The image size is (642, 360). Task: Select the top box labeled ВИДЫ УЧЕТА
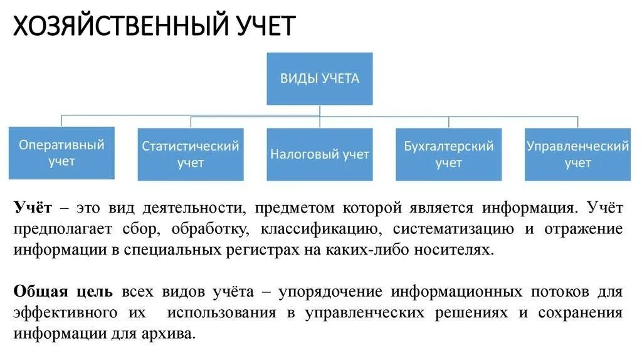(x=320, y=78)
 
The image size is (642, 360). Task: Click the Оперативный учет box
(x=61, y=153)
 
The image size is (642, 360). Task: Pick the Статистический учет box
(x=191, y=154)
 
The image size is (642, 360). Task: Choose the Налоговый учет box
(x=320, y=154)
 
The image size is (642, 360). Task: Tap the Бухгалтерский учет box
(x=449, y=154)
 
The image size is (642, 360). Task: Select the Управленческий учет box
(x=577, y=154)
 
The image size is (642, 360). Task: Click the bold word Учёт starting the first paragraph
(x=33, y=208)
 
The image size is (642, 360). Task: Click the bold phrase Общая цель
(x=63, y=292)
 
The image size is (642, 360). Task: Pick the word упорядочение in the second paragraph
(x=329, y=292)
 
